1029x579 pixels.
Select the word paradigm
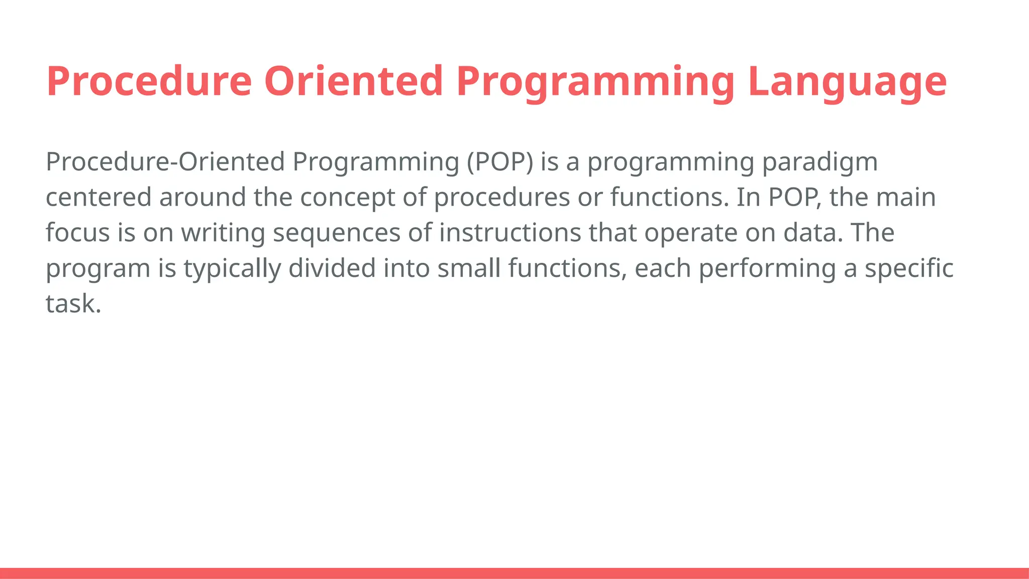[x=820, y=162]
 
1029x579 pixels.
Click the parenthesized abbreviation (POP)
[x=500, y=162]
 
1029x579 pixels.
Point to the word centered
[x=98, y=198]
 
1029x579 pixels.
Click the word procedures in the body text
[x=502, y=198]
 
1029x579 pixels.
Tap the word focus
[x=77, y=233]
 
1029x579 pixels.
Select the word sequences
[x=337, y=233]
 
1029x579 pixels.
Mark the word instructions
[x=510, y=233]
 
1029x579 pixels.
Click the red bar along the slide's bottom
[x=514, y=573]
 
